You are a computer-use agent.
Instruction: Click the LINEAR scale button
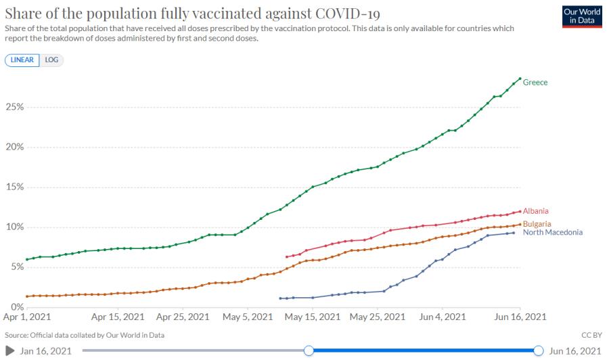click(x=22, y=60)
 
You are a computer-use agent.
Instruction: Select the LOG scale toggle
click(x=51, y=60)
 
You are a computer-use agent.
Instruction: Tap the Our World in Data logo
click(x=582, y=16)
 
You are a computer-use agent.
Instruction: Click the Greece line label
click(x=535, y=83)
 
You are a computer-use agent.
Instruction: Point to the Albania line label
click(x=536, y=211)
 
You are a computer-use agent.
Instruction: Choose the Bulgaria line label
click(x=537, y=224)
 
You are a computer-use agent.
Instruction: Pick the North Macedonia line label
click(x=553, y=232)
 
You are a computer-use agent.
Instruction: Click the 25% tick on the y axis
click(x=15, y=107)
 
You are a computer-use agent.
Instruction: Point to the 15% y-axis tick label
click(x=15, y=187)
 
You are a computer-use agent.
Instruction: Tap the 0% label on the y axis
click(x=18, y=307)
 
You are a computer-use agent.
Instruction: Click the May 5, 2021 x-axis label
click(x=248, y=317)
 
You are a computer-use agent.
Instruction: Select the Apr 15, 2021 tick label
click(x=118, y=317)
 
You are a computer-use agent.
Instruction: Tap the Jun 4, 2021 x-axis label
click(x=443, y=317)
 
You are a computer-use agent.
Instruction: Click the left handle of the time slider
click(x=309, y=351)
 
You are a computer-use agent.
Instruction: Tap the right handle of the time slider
click(x=539, y=351)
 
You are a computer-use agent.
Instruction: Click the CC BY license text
click(x=591, y=335)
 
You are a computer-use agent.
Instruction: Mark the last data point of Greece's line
click(x=520, y=78)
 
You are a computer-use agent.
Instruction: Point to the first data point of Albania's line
click(x=287, y=256)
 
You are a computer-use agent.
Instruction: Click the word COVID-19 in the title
click(x=348, y=14)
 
